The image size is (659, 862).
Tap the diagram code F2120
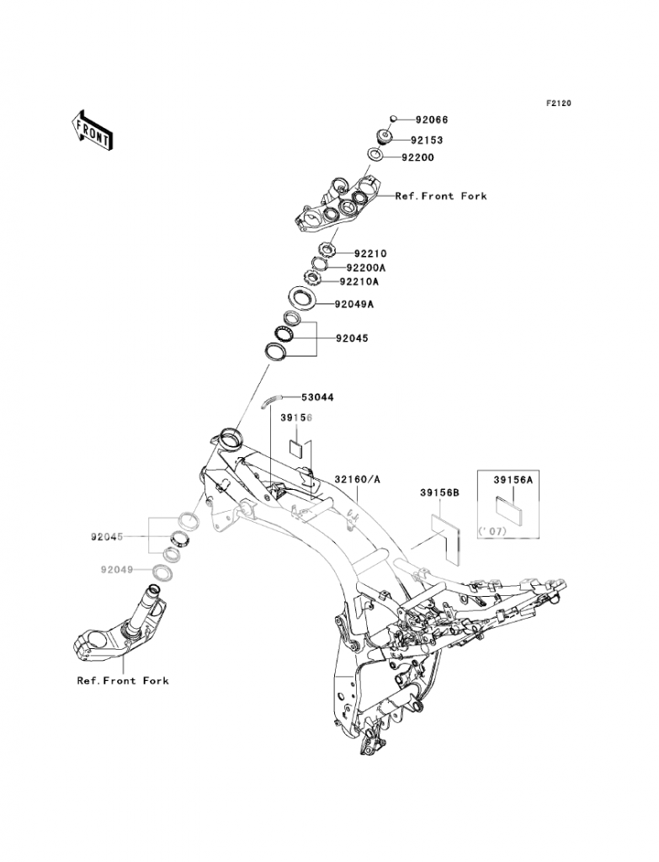pos(558,104)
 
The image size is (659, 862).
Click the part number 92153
pos(427,141)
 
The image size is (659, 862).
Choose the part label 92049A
pos(353,303)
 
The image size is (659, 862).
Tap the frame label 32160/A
pos(359,478)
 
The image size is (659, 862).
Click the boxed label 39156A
pos(513,479)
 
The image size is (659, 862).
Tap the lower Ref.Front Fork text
pos(123,680)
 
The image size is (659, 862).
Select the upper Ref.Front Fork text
pos(441,196)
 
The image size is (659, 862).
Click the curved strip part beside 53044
pos(272,399)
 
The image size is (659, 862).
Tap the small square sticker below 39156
pos(297,445)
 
